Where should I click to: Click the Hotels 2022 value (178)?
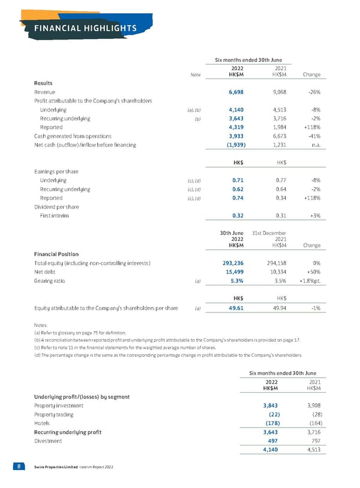point(271,423)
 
